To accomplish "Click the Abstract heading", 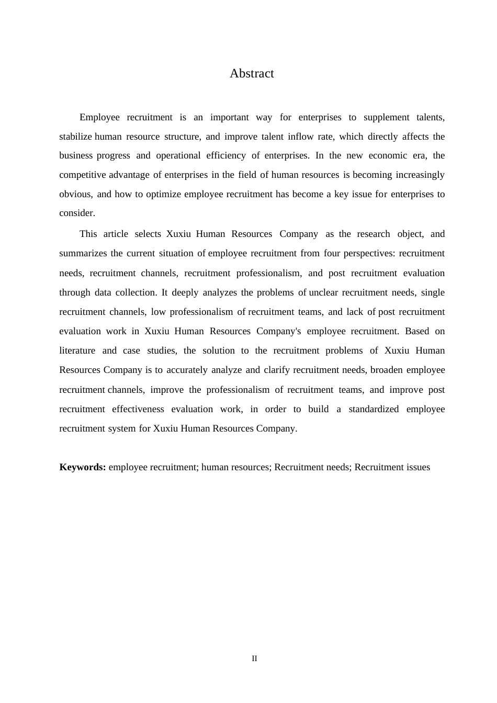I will tap(252, 74).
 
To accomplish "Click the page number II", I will tap(254, 659).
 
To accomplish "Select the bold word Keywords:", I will tap(83, 467).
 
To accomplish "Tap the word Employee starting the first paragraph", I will tap(99, 117).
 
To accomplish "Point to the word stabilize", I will tap(75, 137).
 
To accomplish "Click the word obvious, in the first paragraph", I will tap(76, 194).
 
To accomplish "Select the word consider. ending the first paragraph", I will tap(77, 213).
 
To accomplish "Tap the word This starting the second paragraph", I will tap(88, 234).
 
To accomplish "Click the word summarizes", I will tap(83, 254).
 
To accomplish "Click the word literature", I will tap(77, 350).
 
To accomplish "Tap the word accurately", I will tap(187, 370).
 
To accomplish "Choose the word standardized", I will tap(374, 409).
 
